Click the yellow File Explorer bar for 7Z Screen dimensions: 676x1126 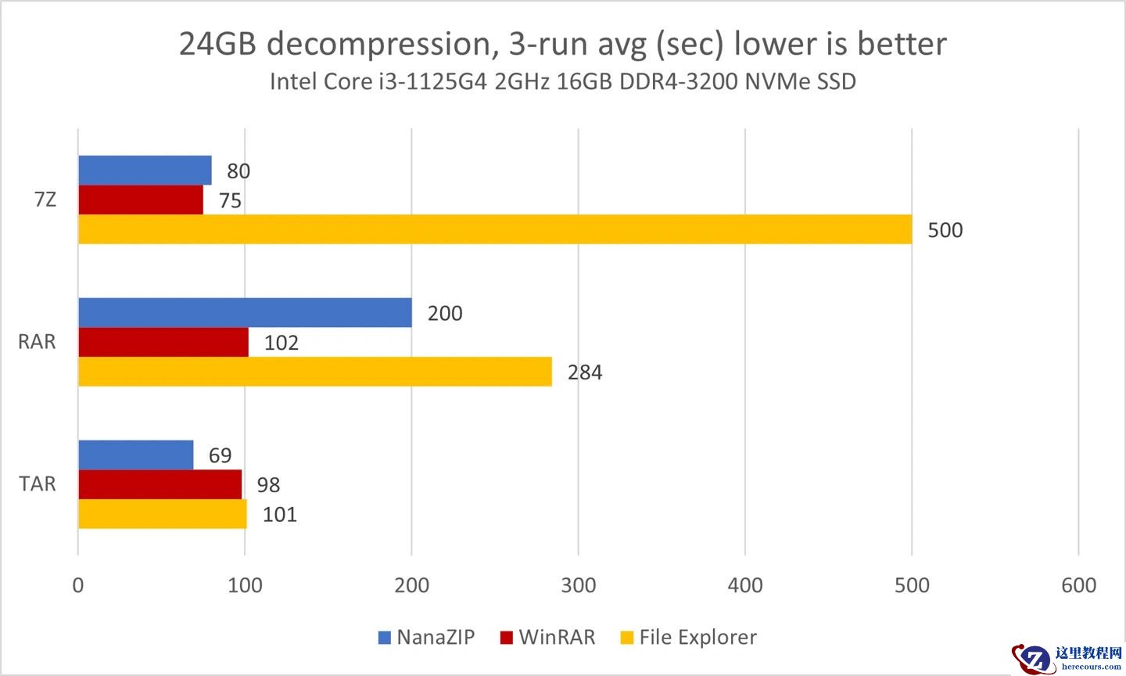[x=494, y=229]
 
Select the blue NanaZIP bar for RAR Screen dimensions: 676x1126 [x=245, y=312]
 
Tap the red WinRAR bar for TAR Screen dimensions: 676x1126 [x=160, y=484]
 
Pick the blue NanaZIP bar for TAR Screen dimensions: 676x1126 [x=135, y=455]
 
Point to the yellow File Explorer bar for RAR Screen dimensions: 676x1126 [x=314, y=372]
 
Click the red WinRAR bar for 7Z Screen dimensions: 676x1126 [x=141, y=200]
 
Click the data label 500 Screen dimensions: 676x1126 [x=945, y=230]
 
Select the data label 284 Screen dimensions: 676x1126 [x=585, y=372]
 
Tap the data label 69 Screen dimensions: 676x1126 [x=220, y=455]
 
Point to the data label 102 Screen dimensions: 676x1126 [x=281, y=343]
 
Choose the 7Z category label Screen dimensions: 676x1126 [x=45, y=200]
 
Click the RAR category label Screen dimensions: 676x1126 [x=38, y=342]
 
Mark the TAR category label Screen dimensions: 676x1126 [x=38, y=484]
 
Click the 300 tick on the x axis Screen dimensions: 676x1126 [x=579, y=585]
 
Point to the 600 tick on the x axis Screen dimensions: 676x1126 [x=1079, y=585]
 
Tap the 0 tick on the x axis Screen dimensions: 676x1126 [x=78, y=585]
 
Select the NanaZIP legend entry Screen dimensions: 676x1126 [x=426, y=637]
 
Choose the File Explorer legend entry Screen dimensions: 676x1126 [x=688, y=637]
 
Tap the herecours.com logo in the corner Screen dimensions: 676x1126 [x=1067, y=657]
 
